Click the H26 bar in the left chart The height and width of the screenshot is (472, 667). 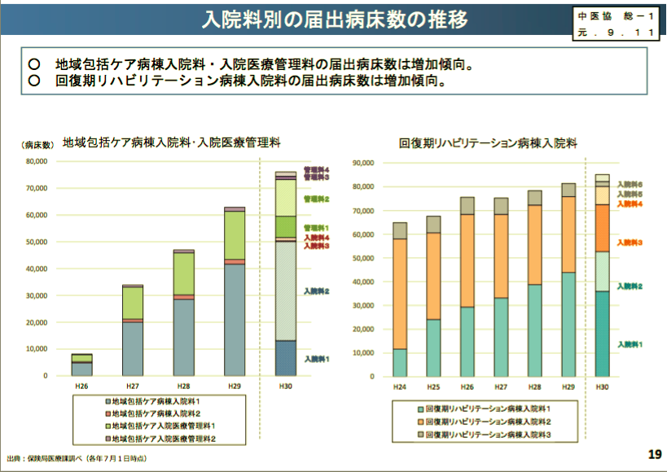81,365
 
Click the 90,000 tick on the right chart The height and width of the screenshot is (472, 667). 362,163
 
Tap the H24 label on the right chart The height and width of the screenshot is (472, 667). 400,388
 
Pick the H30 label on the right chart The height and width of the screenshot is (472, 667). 602,388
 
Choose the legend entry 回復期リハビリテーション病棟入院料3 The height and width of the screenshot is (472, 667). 489,435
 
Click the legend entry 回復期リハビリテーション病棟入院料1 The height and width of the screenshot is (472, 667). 489,409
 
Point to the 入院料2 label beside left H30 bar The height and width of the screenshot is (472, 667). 317,291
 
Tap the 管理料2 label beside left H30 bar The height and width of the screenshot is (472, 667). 316,199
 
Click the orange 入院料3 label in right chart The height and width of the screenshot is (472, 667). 630,243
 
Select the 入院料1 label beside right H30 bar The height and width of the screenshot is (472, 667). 630,344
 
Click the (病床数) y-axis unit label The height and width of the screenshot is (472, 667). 37,144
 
